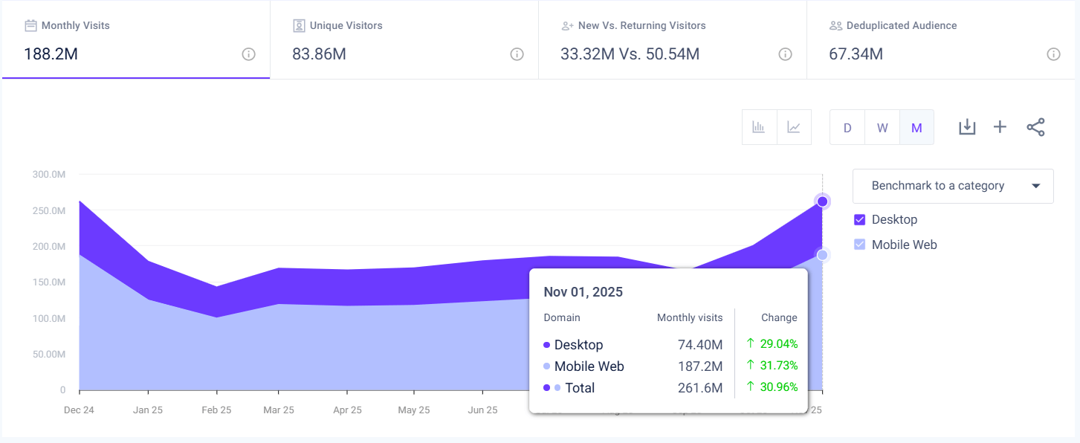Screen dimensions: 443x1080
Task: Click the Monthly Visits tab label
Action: click(x=75, y=25)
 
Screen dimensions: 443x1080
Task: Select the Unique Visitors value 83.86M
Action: click(x=319, y=54)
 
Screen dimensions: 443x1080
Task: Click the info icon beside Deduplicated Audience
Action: click(x=1053, y=54)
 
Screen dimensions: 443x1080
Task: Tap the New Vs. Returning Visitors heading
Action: click(x=641, y=25)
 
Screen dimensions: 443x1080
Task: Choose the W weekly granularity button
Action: click(x=882, y=127)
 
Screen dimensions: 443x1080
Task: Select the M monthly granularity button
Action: click(x=916, y=127)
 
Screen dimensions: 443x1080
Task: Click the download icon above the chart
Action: click(x=966, y=127)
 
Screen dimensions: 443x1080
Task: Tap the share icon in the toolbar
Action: click(x=1035, y=127)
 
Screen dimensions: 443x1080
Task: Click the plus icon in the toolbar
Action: click(x=1000, y=127)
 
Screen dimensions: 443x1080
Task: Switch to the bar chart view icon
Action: click(x=759, y=127)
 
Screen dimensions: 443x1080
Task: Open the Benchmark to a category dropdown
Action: click(x=953, y=186)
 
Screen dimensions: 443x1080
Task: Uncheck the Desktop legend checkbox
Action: click(x=860, y=220)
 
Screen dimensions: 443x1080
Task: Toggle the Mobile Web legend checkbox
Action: click(x=860, y=245)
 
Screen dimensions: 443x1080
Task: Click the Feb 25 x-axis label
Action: click(x=216, y=410)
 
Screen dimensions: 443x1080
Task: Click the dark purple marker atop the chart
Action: click(x=822, y=201)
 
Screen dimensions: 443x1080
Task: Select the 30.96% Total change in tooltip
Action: click(x=778, y=387)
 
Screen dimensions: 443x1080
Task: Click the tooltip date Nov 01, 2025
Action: click(x=583, y=292)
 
